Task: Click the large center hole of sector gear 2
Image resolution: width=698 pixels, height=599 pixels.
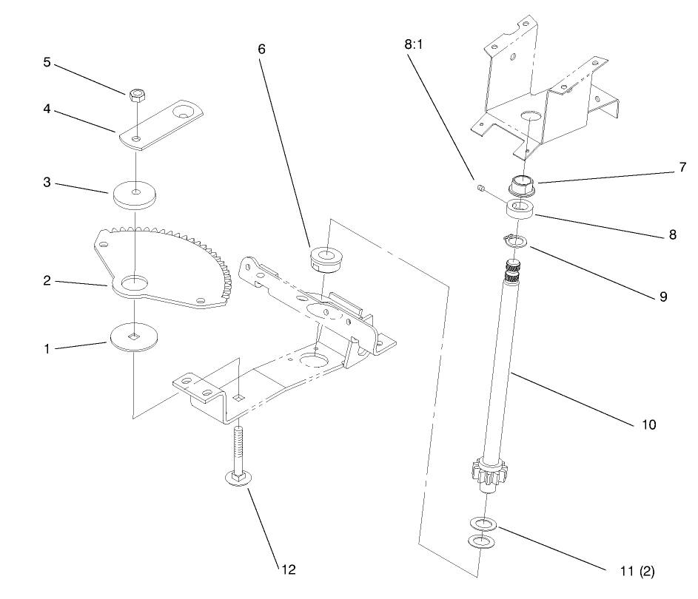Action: coord(135,282)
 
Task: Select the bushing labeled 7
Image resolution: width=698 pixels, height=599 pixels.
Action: coord(523,185)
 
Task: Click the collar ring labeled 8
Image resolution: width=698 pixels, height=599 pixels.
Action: coord(521,208)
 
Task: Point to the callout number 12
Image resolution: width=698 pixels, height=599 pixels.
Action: coord(286,569)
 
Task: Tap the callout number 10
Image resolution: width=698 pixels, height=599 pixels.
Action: coord(647,425)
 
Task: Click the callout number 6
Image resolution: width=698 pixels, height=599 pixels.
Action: coord(261,49)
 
